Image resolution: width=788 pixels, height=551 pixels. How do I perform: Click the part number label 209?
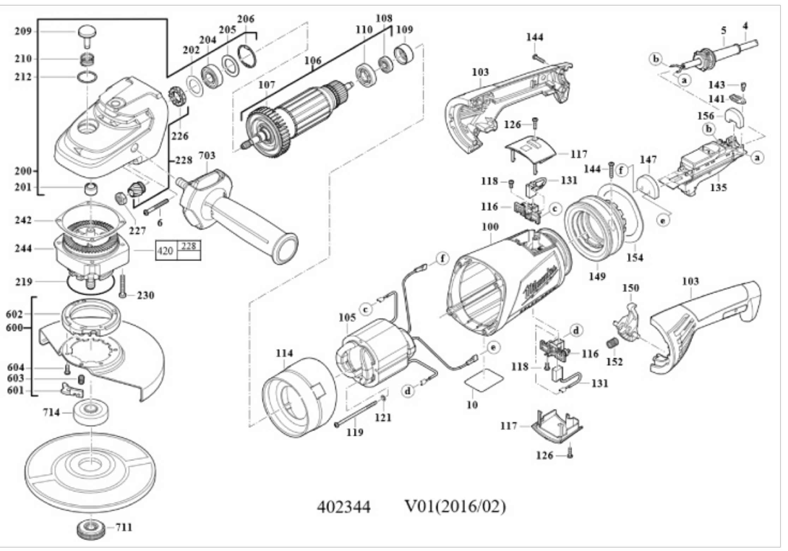pyautogui.click(x=23, y=31)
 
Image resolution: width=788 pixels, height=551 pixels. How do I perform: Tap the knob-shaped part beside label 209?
pyautogui.click(x=87, y=32)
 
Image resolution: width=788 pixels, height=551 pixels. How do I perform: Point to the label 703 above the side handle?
pyautogui.click(x=207, y=156)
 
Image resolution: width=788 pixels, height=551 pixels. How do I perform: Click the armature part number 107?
pyautogui.click(x=267, y=85)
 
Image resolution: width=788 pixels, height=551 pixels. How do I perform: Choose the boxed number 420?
pyautogui.click(x=165, y=251)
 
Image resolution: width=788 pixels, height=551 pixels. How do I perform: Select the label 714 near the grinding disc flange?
pyautogui.click(x=52, y=412)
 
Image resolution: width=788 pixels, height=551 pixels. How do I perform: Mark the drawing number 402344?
pyautogui.click(x=344, y=507)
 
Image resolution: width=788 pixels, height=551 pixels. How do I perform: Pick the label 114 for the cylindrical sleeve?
pyautogui.click(x=284, y=353)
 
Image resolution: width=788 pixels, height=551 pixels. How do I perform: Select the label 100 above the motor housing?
pyautogui.click(x=490, y=227)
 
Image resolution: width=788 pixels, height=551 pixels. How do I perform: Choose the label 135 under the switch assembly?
pyautogui.click(x=718, y=187)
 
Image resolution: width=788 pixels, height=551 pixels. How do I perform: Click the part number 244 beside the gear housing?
pyautogui.click(x=23, y=249)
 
